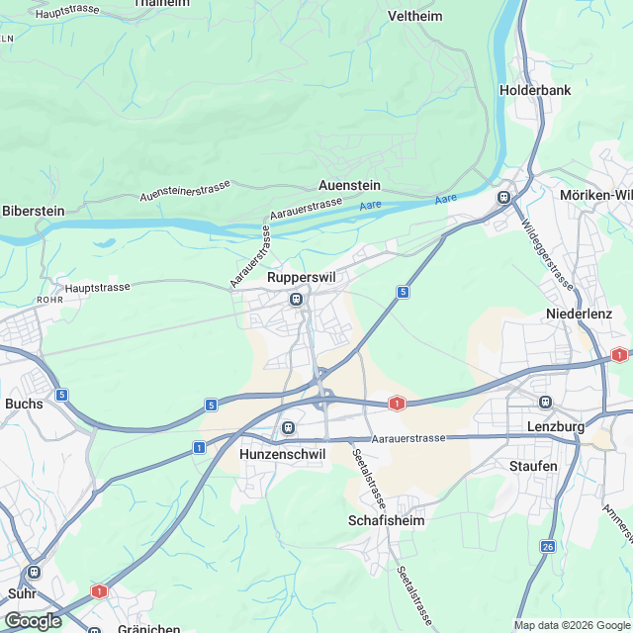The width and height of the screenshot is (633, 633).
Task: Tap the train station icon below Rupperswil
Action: tap(295, 299)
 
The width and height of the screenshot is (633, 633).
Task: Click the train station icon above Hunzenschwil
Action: tap(288, 427)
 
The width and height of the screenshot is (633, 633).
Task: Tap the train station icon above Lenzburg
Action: tap(544, 402)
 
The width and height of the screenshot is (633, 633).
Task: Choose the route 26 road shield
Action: tap(548, 546)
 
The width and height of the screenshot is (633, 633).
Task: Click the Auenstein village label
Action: tap(349, 185)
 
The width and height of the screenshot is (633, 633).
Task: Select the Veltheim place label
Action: tap(414, 17)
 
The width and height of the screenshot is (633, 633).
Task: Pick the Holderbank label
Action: tap(535, 89)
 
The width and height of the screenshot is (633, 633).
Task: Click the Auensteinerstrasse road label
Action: tap(185, 189)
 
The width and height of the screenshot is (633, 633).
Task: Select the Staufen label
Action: tap(533, 466)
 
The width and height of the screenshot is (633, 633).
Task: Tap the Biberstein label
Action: tap(34, 211)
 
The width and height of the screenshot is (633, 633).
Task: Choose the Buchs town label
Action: tap(24, 404)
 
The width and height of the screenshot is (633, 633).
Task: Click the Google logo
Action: tap(32, 620)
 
